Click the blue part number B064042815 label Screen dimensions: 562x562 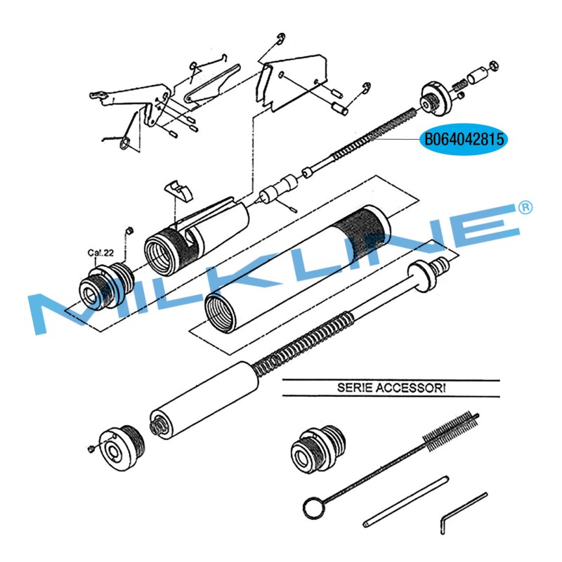click(464, 139)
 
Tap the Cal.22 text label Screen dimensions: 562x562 click(100, 253)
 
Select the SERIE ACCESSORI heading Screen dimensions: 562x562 click(391, 388)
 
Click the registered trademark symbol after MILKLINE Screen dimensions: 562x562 click(525, 208)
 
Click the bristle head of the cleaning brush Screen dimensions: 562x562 click(451, 430)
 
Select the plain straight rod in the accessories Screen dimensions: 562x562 click(406, 501)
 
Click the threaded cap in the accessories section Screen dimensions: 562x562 click(318, 450)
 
